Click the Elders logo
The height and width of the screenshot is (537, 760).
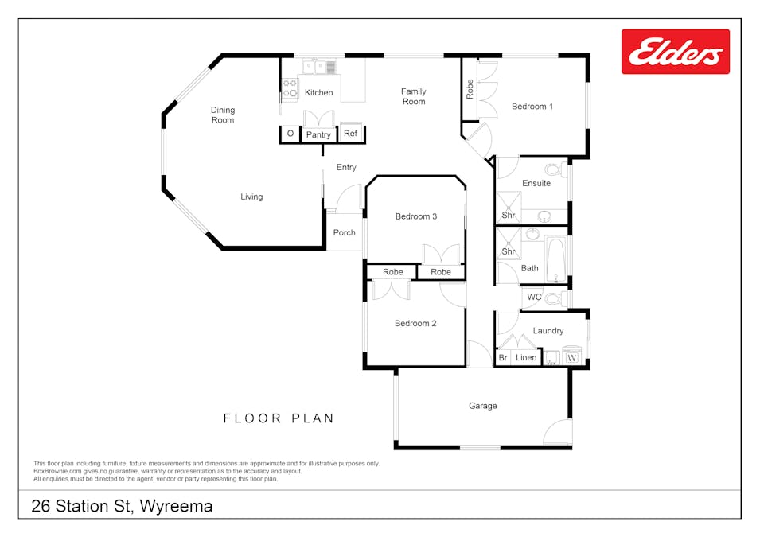coord(675,52)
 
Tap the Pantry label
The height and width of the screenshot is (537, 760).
coord(318,134)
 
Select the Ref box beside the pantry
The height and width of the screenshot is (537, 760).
coord(350,134)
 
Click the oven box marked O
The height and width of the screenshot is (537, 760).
coord(290,134)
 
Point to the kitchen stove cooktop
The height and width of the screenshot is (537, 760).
coord(290,88)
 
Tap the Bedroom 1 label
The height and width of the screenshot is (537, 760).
coord(532,107)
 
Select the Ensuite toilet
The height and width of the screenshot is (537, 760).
coord(556,169)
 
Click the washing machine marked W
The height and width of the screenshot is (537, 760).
coord(571,357)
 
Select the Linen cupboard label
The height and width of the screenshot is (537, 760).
coord(526,358)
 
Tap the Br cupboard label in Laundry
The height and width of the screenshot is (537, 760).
coord(502,358)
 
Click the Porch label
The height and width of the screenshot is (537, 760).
coord(344,233)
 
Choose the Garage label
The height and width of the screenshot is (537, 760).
coord(482,406)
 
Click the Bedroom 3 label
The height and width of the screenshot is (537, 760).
coord(416,216)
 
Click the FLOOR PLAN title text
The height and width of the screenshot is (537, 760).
coord(279,418)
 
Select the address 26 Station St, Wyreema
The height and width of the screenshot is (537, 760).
coord(122,506)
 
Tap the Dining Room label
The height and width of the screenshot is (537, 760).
coord(223,115)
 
